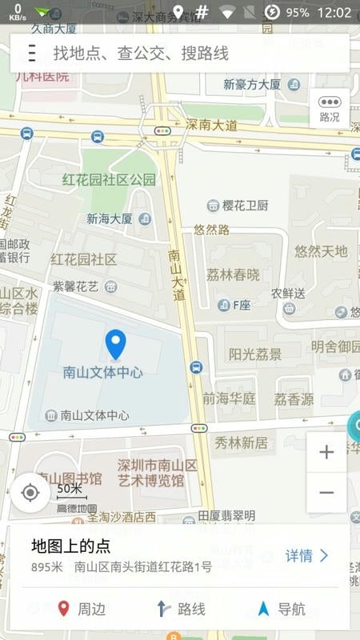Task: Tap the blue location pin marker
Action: [116, 344]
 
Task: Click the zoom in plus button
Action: [326, 453]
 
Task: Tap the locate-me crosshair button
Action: [30, 492]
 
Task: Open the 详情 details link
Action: [306, 555]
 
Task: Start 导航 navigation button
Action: [282, 609]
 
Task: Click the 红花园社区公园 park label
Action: [110, 179]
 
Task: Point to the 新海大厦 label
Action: [110, 218]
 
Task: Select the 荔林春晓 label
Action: [233, 274]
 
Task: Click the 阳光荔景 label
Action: [255, 354]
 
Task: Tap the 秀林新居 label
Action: [241, 442]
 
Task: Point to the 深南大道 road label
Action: [211, 125]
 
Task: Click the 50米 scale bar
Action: [70, 490]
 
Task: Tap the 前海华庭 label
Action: [229, 398]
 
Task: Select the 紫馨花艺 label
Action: [76, 286]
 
